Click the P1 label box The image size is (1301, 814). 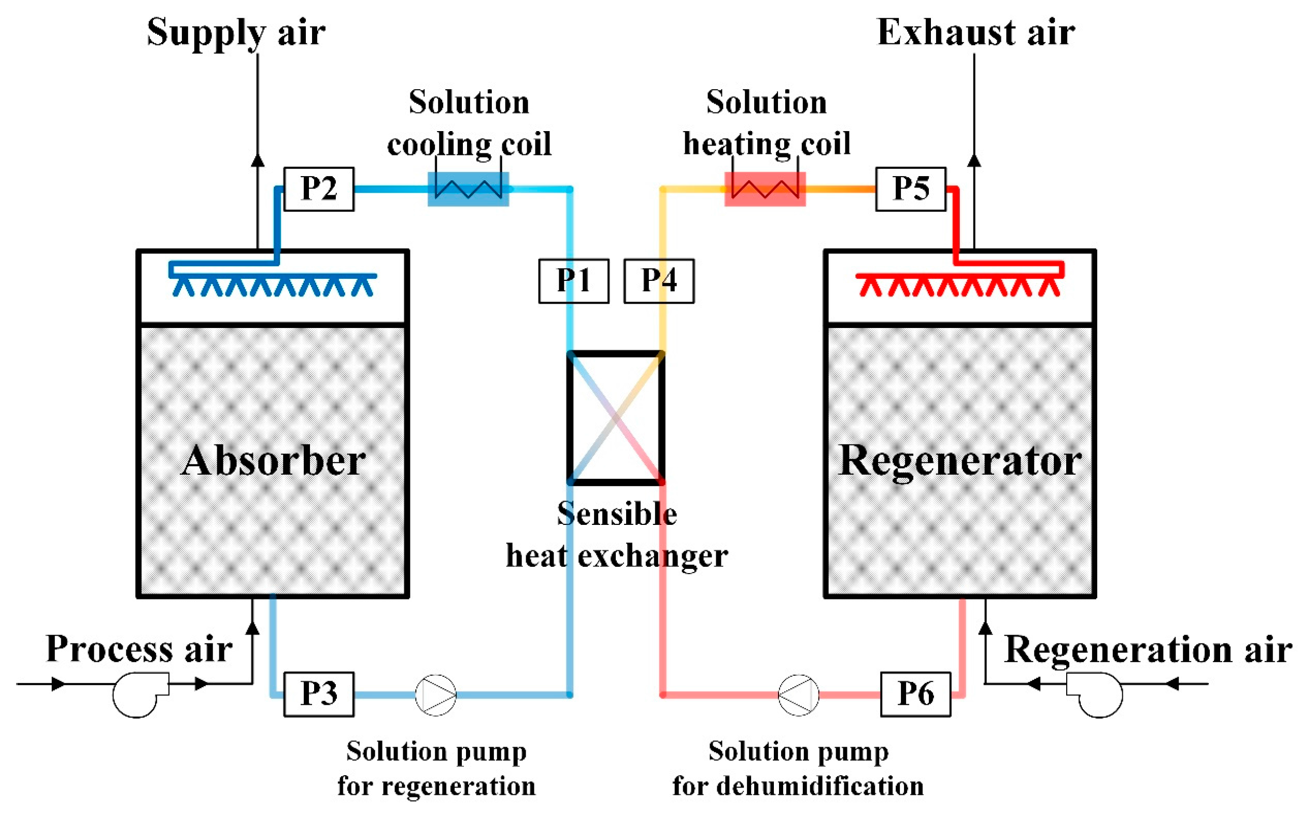pyautogui.click(x=573, y=281)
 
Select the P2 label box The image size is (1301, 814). pyautogui.click(x=319, y=189)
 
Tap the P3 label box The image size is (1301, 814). pyautogui.click(x=319, y=694)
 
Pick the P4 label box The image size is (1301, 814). pyautogui.click(x=659, y=281)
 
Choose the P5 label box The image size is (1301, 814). pyautogui.click(x=910, y=189)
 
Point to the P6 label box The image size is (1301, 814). pyautogui.click(x=915, y=694)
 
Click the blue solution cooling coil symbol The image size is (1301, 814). pyautogui.click(x=468, y=189)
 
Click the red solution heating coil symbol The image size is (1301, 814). pyautogui.click(x=765, y=189)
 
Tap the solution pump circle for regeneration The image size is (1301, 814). pyautogui.click(x=435, y=694)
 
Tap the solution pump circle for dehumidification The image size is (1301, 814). pyautogui.click(x=799, y=694)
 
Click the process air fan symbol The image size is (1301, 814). pyautogui.click(x=137, y=694)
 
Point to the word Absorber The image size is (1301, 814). pyautogui.click(x=274, y=461)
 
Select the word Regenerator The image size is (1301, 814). pyautogui.click(x=960, y=461)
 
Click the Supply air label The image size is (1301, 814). pyautogui.click(x=236, y=32)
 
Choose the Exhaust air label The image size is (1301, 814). pyautogui.click(x=975, y=32)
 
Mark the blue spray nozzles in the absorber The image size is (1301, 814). pyautogui.click(x=273, y=285)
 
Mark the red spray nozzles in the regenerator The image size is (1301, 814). pyautogui.click(x=958, y=285)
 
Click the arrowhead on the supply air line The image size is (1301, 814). pyautogui.click(x=258, y=161)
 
